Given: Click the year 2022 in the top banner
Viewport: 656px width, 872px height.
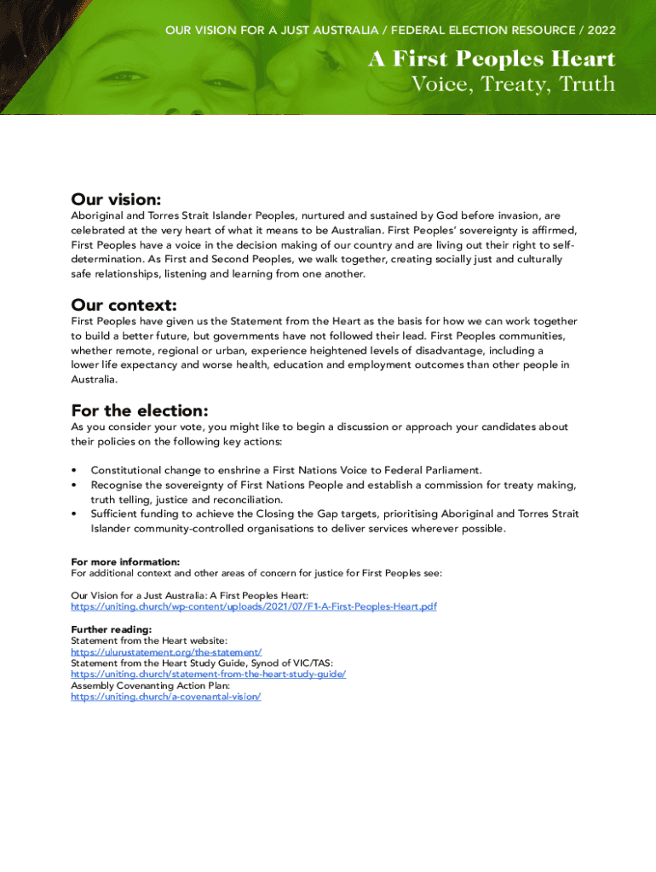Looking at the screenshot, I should point(600,31).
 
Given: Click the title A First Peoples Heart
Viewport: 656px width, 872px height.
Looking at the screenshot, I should point(492,60).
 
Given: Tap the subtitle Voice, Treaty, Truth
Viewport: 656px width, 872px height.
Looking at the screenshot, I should point(513,83).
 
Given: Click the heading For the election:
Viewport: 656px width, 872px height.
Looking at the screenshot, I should point(140,410).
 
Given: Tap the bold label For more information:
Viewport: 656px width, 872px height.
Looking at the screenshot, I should point(125,562).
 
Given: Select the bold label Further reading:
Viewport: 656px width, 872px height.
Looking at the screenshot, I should point(111,629).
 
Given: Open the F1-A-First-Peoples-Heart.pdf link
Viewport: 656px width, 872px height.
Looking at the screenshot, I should point(253,606).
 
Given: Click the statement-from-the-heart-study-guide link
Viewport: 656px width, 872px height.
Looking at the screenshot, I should point(208,674).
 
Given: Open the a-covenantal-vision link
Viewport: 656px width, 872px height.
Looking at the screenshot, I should point(165,696).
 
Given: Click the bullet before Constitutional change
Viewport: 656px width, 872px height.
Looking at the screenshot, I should point(75,470).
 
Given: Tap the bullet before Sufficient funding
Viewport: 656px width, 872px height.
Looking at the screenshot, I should point(75,514).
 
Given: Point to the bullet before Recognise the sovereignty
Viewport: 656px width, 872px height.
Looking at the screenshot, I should point(75,485).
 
